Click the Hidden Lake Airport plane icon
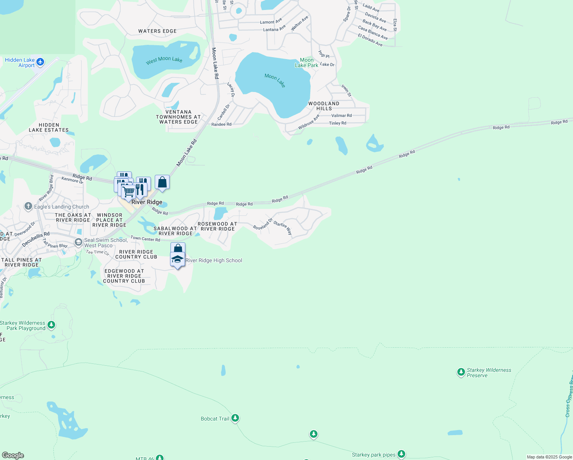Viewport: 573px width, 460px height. pos(41,62)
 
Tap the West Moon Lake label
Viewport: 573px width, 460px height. pos(164,60)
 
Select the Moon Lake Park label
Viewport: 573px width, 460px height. pos(306,62)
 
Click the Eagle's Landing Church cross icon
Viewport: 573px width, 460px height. pos(28,207)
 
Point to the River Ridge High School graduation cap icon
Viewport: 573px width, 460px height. pos(177,259)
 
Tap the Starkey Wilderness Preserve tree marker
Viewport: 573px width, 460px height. pos(461,372)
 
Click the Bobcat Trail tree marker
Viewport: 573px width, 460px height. pos(235,418)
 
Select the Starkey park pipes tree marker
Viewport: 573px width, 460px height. pos(401,454)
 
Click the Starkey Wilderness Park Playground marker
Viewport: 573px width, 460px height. pos(51,325)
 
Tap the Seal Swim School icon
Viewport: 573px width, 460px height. pos(79,242)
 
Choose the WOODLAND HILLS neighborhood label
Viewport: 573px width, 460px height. pos(324,106)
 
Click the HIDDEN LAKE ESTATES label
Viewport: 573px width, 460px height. pos(49,128)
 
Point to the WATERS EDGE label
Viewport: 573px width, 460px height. pos(157,31)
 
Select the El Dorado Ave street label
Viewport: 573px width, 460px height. pos(370,40)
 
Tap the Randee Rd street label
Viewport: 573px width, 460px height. pos(221,124)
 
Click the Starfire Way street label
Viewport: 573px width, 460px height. pos(283,228)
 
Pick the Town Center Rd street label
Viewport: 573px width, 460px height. pos(145,239)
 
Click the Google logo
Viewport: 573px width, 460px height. pos(13,455)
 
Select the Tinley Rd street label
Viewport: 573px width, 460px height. pos(337,123)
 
